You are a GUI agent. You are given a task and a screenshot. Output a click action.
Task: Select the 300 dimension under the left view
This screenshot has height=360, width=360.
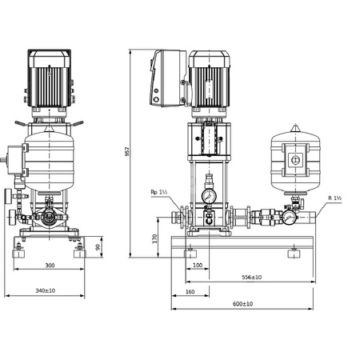[50, 266]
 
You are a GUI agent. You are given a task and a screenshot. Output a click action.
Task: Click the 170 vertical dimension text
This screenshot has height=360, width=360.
[155, 238]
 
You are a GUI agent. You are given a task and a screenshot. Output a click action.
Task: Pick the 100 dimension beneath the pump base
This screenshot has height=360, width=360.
[197, 266]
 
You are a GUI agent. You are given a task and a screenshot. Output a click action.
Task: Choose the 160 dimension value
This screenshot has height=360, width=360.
[189, 290]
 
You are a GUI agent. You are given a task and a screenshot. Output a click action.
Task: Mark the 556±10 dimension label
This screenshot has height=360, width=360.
[251, 277]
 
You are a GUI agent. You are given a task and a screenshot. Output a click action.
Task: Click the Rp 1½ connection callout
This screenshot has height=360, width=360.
[158, 192]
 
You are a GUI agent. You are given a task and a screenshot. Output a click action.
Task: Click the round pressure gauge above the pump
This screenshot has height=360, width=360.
[209, 195]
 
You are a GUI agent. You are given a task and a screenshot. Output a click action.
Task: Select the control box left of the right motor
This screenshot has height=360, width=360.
[166, 78]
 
